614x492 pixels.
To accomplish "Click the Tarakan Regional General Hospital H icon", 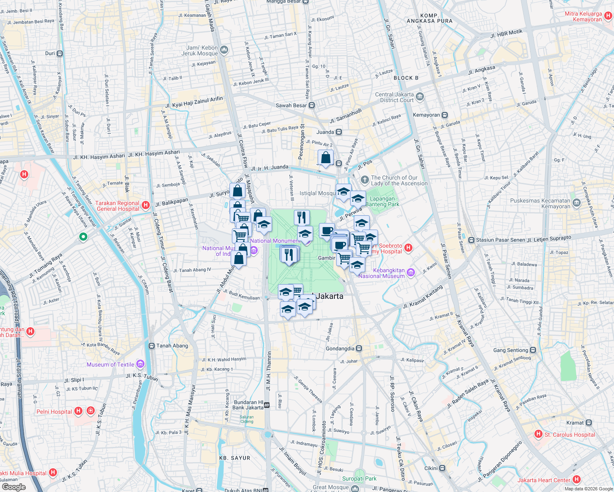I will click(145, 205).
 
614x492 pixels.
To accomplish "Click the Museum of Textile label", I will click(110, 364).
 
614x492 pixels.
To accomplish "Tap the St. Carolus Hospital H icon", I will click(538, 434).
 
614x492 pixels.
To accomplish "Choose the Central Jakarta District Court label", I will click(394, 97).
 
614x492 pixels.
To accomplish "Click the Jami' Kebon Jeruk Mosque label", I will click(200, 51).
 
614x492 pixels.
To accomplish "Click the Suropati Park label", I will click(359, 478).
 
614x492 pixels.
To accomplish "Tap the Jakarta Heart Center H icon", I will click(577, 479).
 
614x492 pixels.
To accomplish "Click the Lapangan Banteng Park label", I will click(382, 201).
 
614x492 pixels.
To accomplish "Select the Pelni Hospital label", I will click(54, 412).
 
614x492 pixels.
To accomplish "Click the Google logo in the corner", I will click(14, 487).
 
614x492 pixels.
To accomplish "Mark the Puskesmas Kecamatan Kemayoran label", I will click(540, 203).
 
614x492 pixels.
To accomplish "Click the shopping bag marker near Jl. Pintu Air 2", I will click(325, 158).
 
